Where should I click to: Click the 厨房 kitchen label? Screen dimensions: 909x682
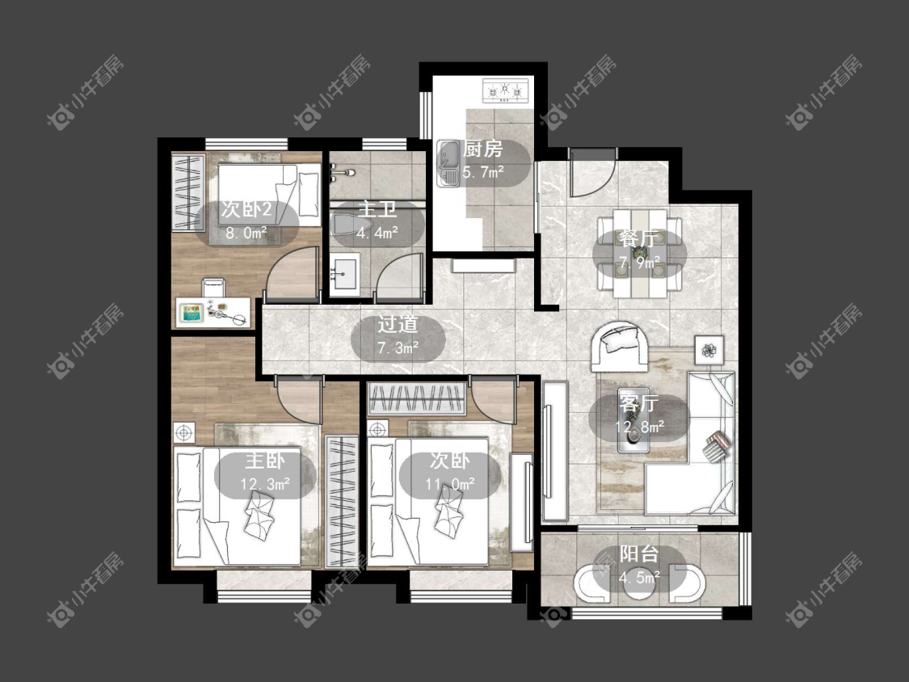pyautogui.click(x=483, y=149)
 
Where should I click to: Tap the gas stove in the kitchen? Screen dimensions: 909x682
pyautogui.click(x=505, y=91)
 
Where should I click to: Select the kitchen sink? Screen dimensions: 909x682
pyautogui.click(x=448, y=163)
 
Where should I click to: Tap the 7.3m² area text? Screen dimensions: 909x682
pyautogui.click(x=398, y=348)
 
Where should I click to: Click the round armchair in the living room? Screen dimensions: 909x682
pyautogui.click(x=619, y=346)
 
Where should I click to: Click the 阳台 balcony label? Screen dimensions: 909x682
pyautogui.click(x=639, y=554)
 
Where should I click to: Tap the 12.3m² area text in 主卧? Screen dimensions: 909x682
pyautogui.click(x=265, y=484)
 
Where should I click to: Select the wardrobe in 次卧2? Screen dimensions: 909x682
pyautogui.click(x=188, y=192)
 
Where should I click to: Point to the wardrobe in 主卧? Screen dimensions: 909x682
pyautogui.click(x=342, y=502)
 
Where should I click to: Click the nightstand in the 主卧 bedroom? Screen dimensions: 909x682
pyautogui.click(x=184, y=432)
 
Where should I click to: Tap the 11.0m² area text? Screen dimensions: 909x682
pyautogui.click(x=450, y=484)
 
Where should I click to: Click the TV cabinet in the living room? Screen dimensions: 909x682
pyautogui.click(x=555, y=451)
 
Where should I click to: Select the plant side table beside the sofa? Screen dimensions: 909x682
pyautogui.click(x=709, y=350)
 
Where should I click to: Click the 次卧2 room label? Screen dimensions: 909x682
pyautogui.click(x=246, y=209)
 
